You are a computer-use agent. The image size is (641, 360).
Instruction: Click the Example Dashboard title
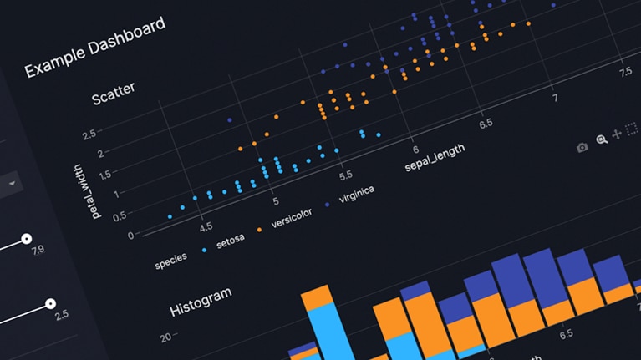click(94, 48)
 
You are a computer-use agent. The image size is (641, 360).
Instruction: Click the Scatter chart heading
click(113, 94)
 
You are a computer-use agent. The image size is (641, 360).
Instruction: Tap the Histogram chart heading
click(201, 299)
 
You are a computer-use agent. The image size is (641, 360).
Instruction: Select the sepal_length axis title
click(434, 156)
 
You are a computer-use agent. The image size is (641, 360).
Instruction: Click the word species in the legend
click(170, 261)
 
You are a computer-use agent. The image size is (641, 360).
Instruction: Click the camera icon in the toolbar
click(582, 148)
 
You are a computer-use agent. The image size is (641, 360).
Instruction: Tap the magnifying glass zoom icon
click(601, 140)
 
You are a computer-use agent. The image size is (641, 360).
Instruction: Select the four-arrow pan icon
click(617, 134)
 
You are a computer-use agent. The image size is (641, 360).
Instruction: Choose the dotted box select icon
click(632, 129)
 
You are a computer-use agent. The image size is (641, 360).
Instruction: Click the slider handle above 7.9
click(27, 238)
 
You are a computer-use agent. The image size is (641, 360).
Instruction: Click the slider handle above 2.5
click(51, 303)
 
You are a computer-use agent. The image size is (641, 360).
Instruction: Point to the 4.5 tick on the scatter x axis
click(205, 226)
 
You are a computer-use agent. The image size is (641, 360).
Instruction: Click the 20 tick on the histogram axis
click(165, 337)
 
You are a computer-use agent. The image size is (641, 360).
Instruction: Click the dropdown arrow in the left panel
click(13, 183)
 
